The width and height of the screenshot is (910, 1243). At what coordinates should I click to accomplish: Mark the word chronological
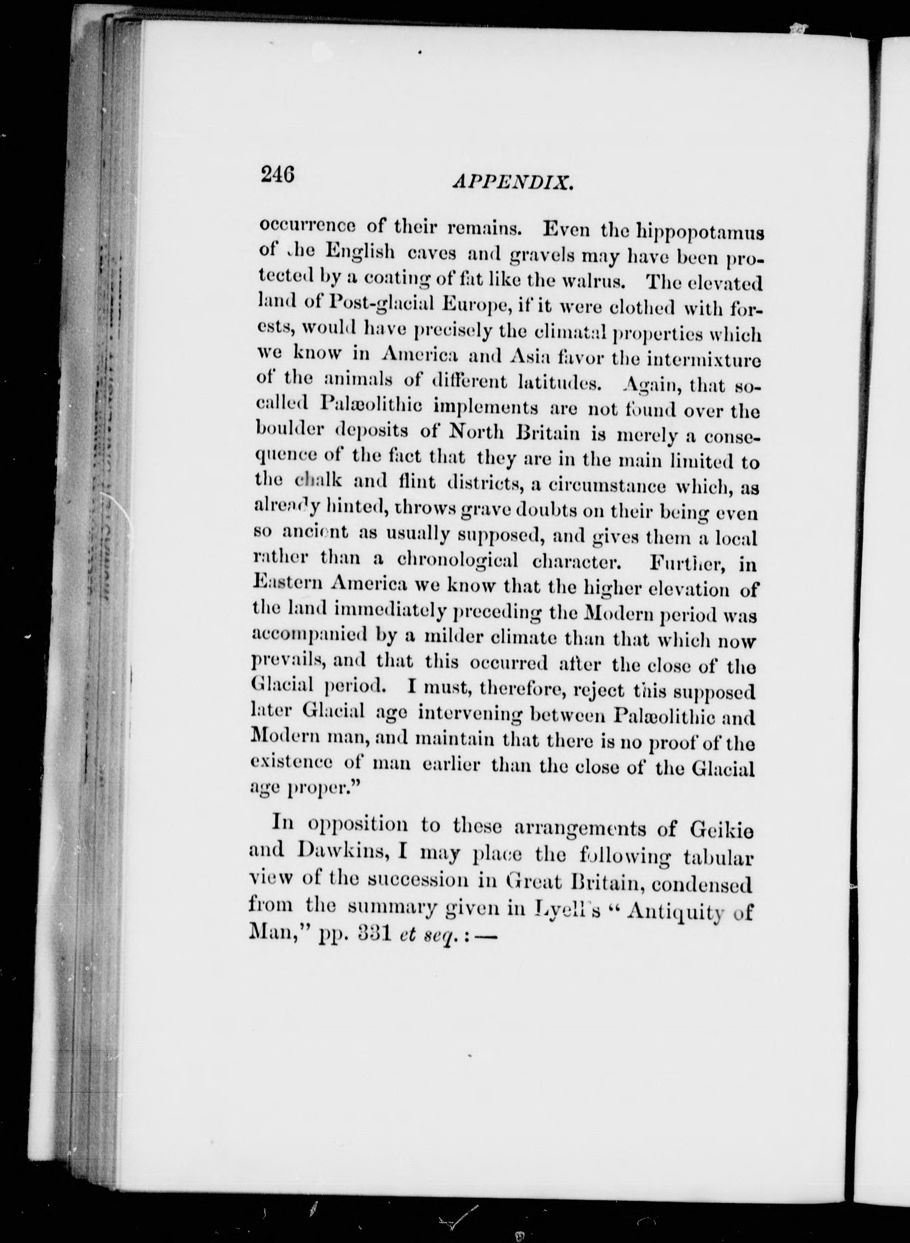pyautogui.click(x=457, y=560)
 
